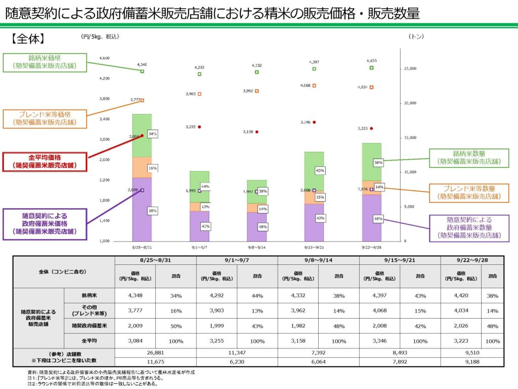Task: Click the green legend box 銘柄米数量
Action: coord(468,158)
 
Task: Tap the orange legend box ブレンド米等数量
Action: coord(468,192)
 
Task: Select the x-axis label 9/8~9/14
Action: coord(256,248)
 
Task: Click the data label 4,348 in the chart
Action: coord(142,64)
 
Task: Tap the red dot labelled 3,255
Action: coord(199,127)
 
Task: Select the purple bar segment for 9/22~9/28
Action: coord(371,218)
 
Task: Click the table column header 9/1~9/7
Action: coord(237,260)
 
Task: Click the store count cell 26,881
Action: coord(155,353)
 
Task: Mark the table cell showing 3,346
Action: coord(379,341)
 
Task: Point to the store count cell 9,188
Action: coord(472,362)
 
